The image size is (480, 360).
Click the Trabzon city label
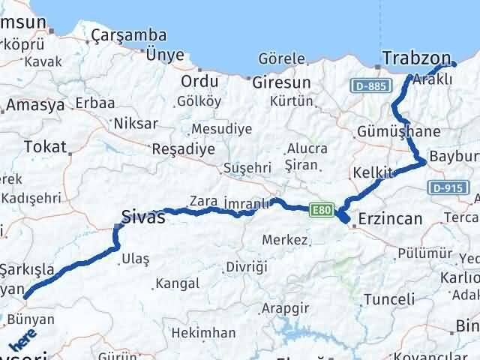pyautogui.click(x=416, y=58)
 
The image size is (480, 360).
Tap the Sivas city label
pyautogui.click(x=143, y=218)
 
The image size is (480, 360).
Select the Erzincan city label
pyautogui.click(x=390, y=219)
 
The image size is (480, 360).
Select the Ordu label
pyautogui.click(x=200, y=81)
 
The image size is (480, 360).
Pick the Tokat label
pyautogui.click(x=40, y=147)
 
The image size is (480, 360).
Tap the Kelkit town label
pyautogui.click(x=373, y=173)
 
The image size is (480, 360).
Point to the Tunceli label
pyautogui.click(x=388, y=299)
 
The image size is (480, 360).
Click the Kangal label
pyautogui.click(x=177, y=283)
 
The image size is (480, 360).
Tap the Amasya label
pyautogui.click(x=37, y=106)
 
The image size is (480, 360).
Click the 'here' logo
pyautogui.click(x=22, y=340)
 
